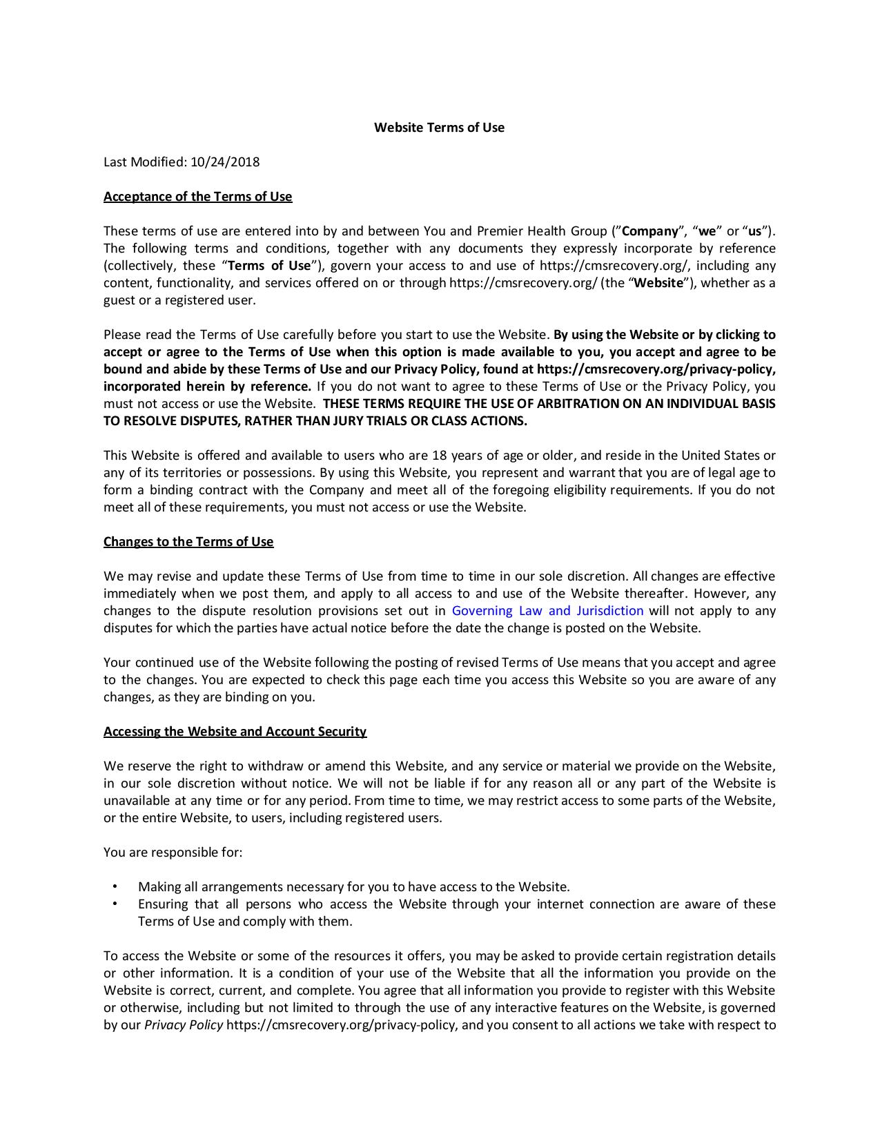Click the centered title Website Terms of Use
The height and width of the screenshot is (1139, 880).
tap(439, 127)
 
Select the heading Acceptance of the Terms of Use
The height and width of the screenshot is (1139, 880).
tap(197, 196)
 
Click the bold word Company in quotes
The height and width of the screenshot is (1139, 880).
tap(649, 231)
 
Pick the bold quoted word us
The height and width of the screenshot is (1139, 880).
tap(754, 231)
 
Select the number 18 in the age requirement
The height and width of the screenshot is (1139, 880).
tap(439, 455)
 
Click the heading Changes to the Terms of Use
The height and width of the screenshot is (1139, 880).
tap(188, 541)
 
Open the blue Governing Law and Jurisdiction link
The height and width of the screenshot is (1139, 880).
tap(547, 610)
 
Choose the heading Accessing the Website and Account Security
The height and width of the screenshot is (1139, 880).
tap(235, 731)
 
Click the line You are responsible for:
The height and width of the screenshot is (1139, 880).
tap(173, 852)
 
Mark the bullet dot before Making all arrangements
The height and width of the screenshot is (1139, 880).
tap(115, 886)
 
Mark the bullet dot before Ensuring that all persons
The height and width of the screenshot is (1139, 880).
tap(115, 904)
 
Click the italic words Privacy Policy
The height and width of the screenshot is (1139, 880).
tap(184, 1024)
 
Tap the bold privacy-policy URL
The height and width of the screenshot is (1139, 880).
tap(656, 369)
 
